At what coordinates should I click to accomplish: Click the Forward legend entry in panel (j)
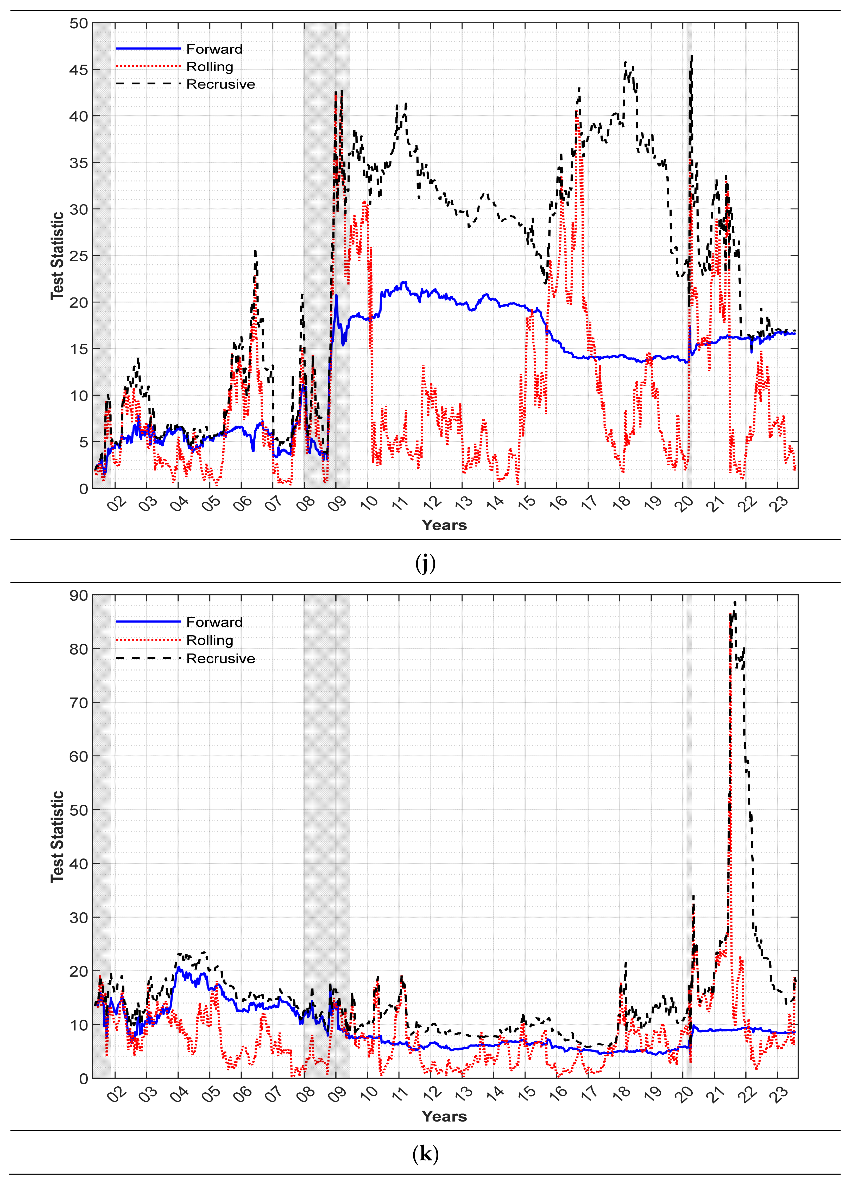click(x=214, y=49)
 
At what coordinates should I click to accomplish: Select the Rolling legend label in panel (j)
click(x=210, y=67)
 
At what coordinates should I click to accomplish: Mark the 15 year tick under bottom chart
click(x=527, y=1093)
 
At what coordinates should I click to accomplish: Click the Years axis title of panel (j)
click(x=444, y=525)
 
